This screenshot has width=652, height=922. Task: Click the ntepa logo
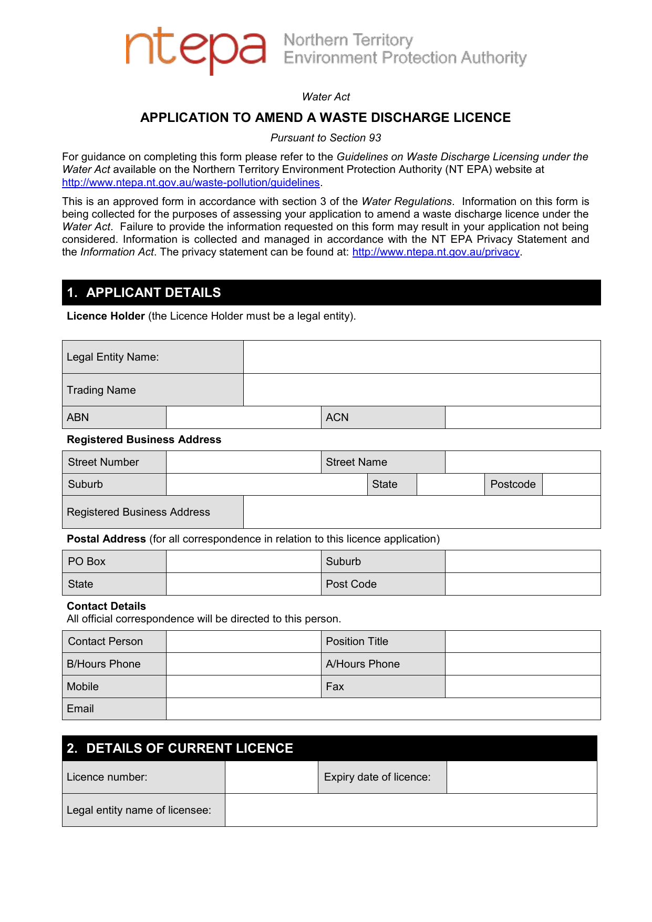(195, 50)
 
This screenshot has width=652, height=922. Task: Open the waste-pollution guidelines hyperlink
(191, 182)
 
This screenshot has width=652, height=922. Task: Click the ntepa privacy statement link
(436, 252)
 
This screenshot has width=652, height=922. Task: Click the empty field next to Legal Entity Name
(421, 357)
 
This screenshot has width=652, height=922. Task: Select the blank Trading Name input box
(421, 390)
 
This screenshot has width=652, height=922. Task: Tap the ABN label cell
(114, 417)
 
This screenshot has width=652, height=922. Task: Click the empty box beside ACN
(522, 417)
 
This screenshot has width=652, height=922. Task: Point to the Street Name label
(356, 462)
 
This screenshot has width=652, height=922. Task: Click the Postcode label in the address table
(513, 484)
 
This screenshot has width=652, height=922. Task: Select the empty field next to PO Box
(243, 561)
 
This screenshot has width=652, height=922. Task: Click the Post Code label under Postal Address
(351, 584)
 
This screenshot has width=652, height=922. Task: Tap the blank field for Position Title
(522, 641)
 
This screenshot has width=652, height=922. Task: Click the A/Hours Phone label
(363, 664)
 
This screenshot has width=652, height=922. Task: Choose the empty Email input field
(383, 709)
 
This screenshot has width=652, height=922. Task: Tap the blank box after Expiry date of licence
(521, 777)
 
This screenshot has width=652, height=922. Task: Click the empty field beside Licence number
(271, 777)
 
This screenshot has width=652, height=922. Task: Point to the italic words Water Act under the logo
(326, 97)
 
